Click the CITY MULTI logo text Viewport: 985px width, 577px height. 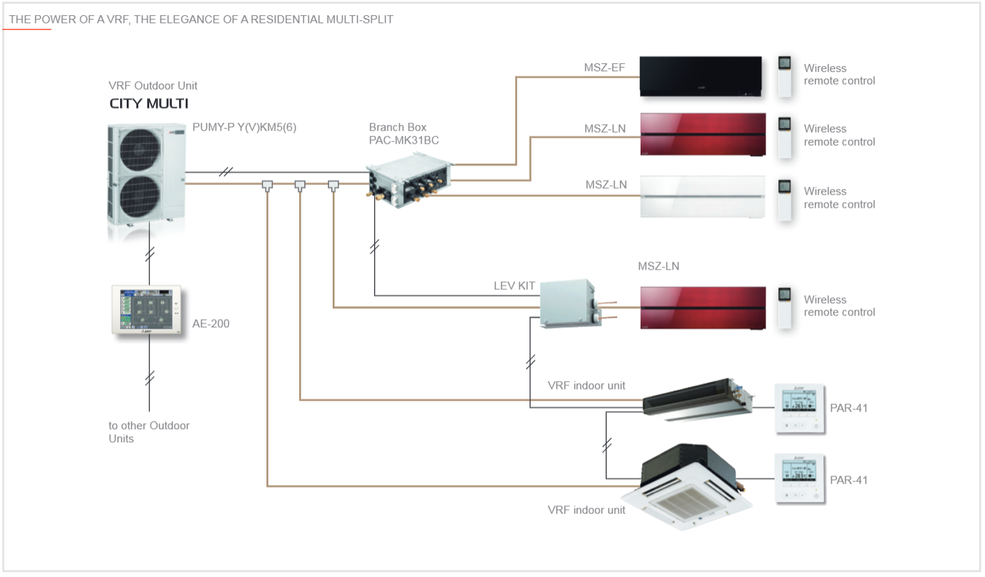pyautogui.click(x=149, y=103)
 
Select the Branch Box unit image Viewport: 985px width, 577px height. pyautogui.click(x=409, y=182)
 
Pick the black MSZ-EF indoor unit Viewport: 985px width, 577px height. pyautogui.click(x=700, y=76)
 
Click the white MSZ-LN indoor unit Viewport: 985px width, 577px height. pyautogui.click(x=703, y=197)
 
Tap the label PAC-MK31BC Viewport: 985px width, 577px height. pyautogui.click(x=403, y=141)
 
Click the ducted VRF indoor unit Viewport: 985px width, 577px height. pyautogui.click(x=695, y=398)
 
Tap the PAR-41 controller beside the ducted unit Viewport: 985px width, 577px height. pyautogui.click(x=800, y=408)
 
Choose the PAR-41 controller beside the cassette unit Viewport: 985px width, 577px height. pyautogui.click(x=800, y=479)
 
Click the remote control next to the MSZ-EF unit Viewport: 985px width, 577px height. pyautogui.click(x=784, y=76)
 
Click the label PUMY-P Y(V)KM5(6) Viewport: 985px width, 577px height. pyautogui.click(x=244, y=127)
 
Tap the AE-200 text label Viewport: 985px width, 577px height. pyautogui.click(x=210, y=323)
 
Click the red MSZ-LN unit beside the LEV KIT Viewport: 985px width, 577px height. pyautogui.click(x=703, y=308)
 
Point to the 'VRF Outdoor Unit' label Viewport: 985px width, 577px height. pyautogui.click(x=152, y=86)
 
